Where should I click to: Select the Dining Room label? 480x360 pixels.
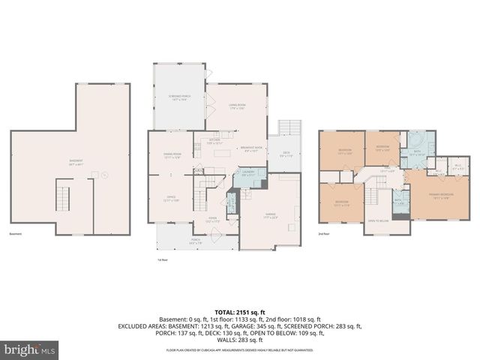click(172, 155)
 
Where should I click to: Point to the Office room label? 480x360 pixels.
click(171, 198)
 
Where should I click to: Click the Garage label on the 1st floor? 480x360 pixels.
click(270, 217)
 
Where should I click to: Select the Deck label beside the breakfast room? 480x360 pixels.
click(286, 154)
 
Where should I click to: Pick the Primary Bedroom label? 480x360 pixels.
click(439, 196)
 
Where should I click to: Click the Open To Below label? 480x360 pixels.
click(377, 221)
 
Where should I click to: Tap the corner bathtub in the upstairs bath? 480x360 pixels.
click(415, 141)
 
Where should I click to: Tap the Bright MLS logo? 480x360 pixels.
click(30, 349)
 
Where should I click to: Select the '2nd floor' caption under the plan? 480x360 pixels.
click(324, 235)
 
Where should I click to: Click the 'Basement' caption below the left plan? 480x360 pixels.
click(16, 234)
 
